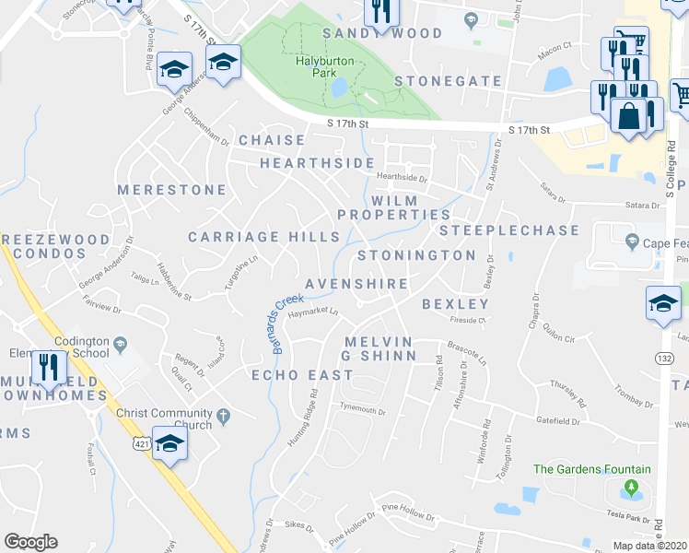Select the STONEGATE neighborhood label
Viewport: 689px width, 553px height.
click(448, 81)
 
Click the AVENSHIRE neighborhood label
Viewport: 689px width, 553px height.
click(356, 283)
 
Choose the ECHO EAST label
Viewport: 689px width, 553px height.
click(302, 375)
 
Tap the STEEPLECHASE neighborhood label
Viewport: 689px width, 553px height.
click(508, 229)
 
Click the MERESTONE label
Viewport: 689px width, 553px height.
click(172, 190)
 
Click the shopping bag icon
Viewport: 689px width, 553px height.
click(629, 116)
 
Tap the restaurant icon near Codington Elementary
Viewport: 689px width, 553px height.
click(46, 369)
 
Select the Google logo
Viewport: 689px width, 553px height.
click(30, 542)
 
